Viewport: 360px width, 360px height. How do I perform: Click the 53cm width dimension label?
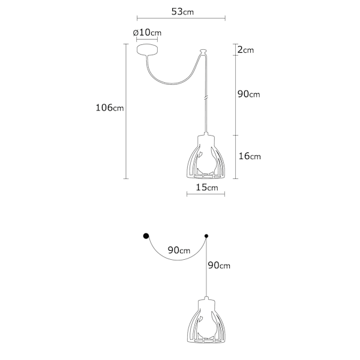tap(182, 11)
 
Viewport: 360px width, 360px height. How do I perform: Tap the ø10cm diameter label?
tap(147, 32)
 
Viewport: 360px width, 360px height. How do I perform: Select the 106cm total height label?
tap(110, 107)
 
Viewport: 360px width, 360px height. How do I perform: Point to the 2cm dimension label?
tap(245, 50)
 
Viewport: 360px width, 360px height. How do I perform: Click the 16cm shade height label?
tap(250, 156)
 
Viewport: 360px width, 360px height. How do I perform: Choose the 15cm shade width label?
tap(207, 187)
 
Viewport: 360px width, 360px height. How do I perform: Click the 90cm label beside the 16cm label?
tap(248, 94)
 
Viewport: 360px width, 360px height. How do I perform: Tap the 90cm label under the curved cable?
tap(179, 250)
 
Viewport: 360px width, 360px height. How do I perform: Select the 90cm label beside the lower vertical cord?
tap(219, 265)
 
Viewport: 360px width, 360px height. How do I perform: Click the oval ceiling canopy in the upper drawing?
tap(147, 50)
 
